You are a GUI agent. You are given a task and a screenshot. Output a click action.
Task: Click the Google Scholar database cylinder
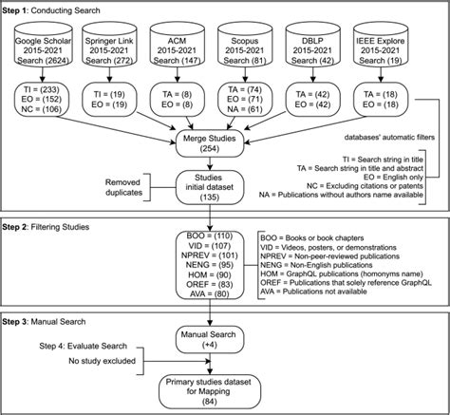44,45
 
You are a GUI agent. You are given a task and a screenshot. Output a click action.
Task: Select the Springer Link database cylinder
109,45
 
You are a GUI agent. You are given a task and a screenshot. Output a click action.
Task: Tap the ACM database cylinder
178,45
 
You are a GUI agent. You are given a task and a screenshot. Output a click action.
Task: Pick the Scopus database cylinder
245,45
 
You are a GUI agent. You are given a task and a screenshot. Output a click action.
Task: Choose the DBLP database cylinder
312,45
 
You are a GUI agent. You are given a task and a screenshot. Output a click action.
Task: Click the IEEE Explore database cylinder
381,45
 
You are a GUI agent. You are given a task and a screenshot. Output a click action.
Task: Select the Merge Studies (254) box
210,143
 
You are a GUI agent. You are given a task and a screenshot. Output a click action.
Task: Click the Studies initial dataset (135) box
210,187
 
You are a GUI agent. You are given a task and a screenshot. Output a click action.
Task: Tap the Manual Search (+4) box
210,340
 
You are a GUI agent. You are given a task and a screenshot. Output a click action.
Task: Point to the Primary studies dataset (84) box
210,391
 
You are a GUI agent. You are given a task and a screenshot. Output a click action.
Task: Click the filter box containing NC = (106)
42,100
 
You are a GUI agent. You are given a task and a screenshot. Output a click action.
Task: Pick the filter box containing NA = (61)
245,100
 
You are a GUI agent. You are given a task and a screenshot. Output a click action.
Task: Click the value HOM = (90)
211,274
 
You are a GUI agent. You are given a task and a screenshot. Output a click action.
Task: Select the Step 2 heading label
46,227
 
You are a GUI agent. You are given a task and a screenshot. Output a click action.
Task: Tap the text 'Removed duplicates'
123,187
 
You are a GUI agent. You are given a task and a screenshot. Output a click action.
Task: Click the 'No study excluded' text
102,361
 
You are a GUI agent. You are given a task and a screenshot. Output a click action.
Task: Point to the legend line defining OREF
346,283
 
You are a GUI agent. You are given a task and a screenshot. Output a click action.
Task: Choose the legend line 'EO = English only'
394,177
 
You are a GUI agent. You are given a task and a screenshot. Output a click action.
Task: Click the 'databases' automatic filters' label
389,138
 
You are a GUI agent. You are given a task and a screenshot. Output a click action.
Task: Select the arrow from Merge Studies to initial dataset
210,163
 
